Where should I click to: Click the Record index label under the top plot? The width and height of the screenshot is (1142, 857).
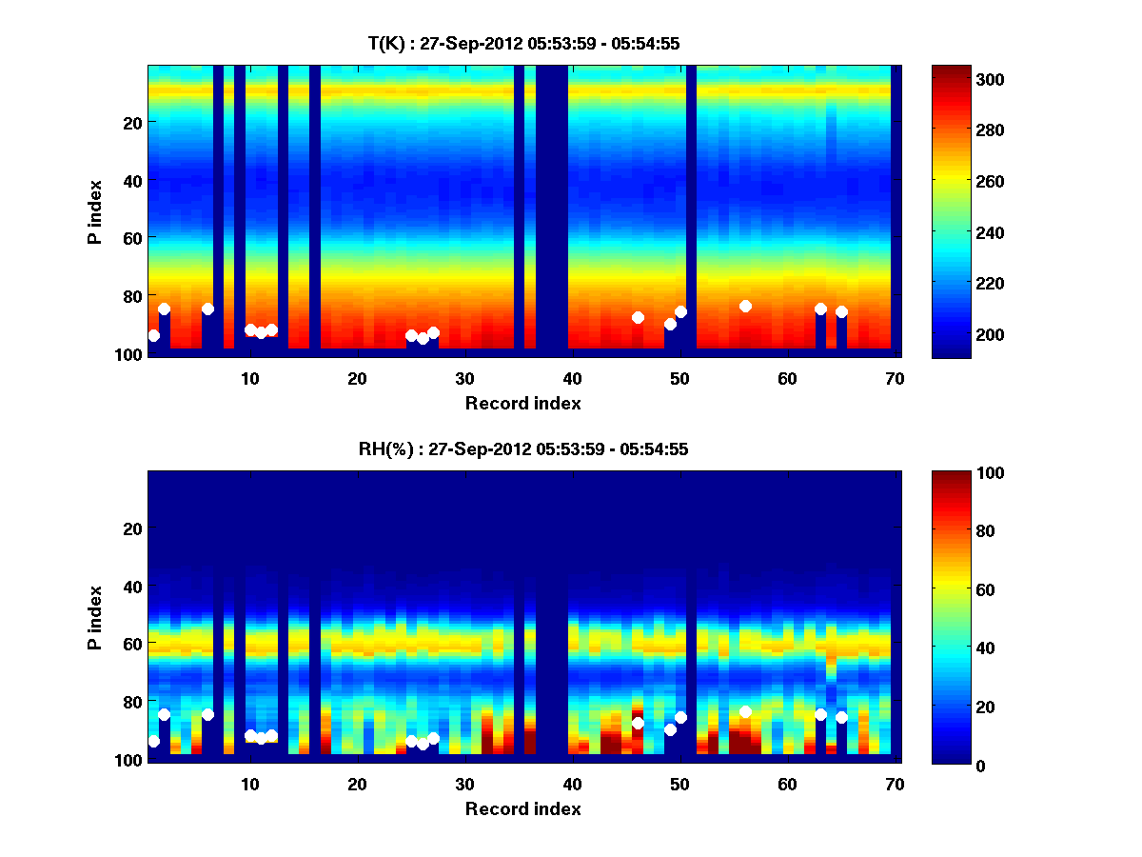pyautogui.click(x=522, y=403)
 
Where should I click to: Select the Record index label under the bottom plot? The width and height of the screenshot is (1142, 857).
pyautogui.click(x=522, y=808)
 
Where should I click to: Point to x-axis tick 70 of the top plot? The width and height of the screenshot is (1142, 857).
pyautogui.click(x=895, y=378)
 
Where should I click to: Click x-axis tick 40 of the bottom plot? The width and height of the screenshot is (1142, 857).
pyautogui.click(x=572, y=784)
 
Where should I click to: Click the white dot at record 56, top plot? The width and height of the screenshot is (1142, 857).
pyautogui.click(x=745, y=306)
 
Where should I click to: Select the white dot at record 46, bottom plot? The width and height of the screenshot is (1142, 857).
pyautogui.click(x=638, y=723)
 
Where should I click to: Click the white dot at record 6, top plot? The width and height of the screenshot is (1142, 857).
pyautogui.click(x=207, y=309)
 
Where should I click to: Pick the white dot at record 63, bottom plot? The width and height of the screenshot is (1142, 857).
pyautogui.click(x=820, y=714)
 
